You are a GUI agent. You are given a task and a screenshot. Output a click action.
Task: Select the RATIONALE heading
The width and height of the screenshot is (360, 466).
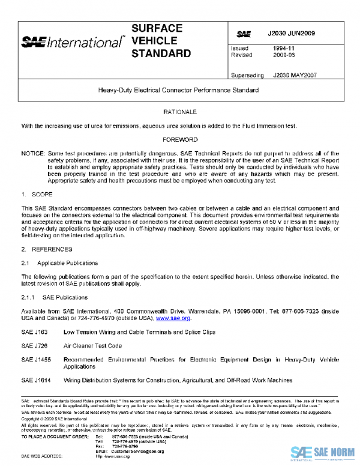tap(179, 112)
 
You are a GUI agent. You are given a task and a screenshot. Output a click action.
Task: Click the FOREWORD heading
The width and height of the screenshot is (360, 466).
tap(179, 139)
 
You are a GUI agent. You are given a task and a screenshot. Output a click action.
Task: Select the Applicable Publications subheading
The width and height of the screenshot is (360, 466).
tap(68, 264)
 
